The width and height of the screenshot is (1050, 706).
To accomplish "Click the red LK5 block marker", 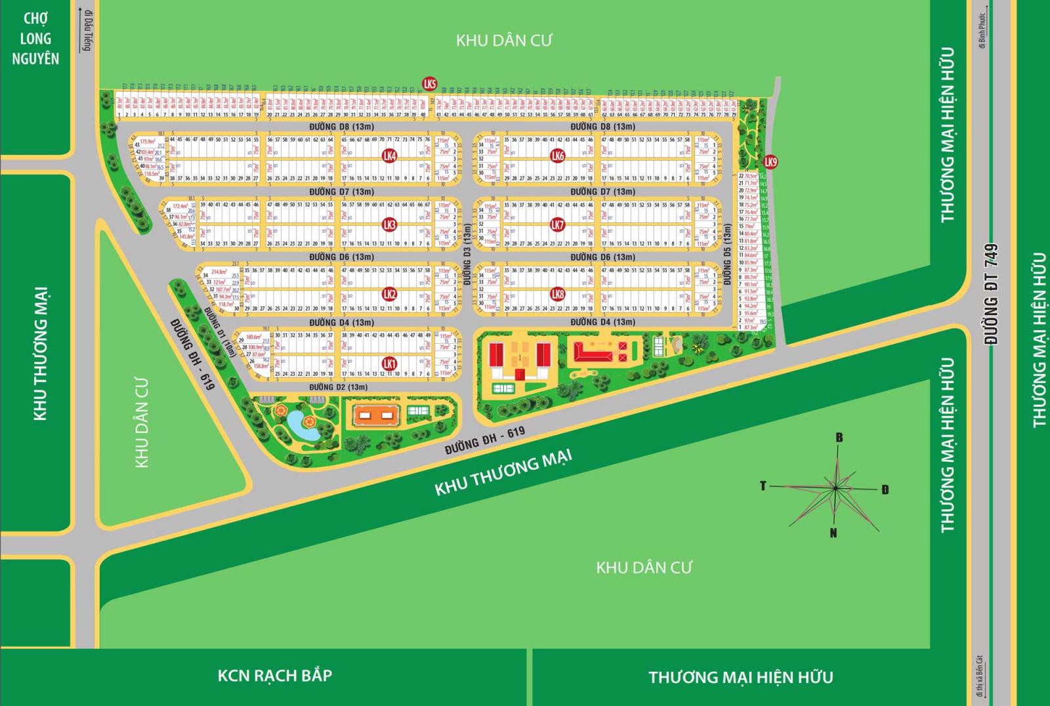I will click(430, 84).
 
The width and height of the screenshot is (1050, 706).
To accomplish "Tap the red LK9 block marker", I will click(770, 162).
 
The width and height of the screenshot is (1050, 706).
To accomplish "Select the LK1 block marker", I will click(389, 363).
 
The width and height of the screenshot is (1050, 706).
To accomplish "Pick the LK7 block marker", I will click(557, 225).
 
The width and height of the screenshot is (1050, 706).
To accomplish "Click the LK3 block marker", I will click(389, 225).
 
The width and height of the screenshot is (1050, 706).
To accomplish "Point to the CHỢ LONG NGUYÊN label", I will click(35, 39).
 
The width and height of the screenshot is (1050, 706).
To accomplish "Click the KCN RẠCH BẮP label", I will click(274, 675).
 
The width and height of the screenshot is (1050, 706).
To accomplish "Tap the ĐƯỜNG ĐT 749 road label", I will click(992, 295).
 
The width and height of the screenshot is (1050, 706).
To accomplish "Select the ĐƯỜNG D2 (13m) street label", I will click(339, 387).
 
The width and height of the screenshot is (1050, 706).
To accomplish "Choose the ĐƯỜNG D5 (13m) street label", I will click(726, 255).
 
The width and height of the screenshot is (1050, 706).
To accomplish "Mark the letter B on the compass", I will click(839, 438).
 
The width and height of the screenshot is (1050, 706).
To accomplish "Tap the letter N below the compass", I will click(833, 533).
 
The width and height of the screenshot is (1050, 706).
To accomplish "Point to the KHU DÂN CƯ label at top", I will click(504, 41).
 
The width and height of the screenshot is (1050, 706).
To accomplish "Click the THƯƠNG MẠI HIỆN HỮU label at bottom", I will click(741, 677).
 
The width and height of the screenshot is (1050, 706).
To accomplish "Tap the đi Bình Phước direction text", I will click(982, 31).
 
